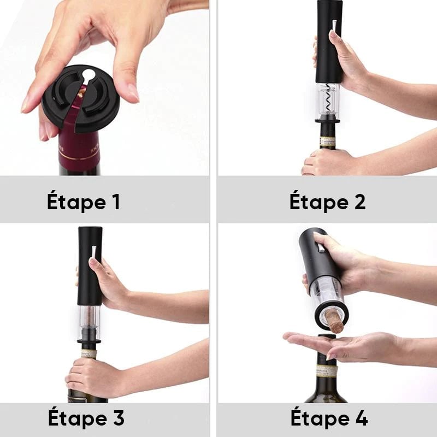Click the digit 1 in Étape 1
point(116,202)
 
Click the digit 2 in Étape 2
point(359,202)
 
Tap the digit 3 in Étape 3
point(119,418)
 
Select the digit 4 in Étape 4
point(361,418)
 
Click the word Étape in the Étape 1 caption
point(76,200)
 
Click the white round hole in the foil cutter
point(88,75)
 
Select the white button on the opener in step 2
point(334,25)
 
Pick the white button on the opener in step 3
point(94,252)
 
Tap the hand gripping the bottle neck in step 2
point(329,162)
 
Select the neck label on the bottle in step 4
point(327,371)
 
